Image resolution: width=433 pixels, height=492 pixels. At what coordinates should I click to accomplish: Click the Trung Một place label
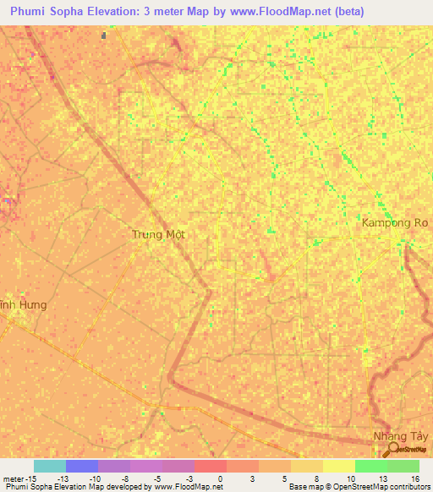158,234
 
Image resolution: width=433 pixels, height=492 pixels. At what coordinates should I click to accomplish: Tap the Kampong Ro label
395,223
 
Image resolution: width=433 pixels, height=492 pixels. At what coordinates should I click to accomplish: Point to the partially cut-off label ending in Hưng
23,303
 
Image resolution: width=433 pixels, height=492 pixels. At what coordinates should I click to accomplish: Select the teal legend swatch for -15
50,466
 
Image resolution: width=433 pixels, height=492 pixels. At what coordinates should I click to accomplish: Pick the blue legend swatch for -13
82,466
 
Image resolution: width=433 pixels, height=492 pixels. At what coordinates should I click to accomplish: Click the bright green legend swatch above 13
370,466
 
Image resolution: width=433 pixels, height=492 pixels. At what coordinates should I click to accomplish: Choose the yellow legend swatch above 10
338,466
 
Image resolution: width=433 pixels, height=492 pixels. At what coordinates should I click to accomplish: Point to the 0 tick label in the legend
221,478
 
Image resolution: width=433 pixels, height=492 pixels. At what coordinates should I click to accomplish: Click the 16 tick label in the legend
414,478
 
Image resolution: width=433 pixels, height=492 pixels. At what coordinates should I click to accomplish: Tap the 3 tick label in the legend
253,478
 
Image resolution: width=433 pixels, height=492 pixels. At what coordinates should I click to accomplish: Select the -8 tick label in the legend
124,478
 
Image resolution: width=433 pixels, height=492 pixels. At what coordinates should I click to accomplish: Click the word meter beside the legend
12,478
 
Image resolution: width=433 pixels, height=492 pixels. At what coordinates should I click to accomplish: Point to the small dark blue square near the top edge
104,36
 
